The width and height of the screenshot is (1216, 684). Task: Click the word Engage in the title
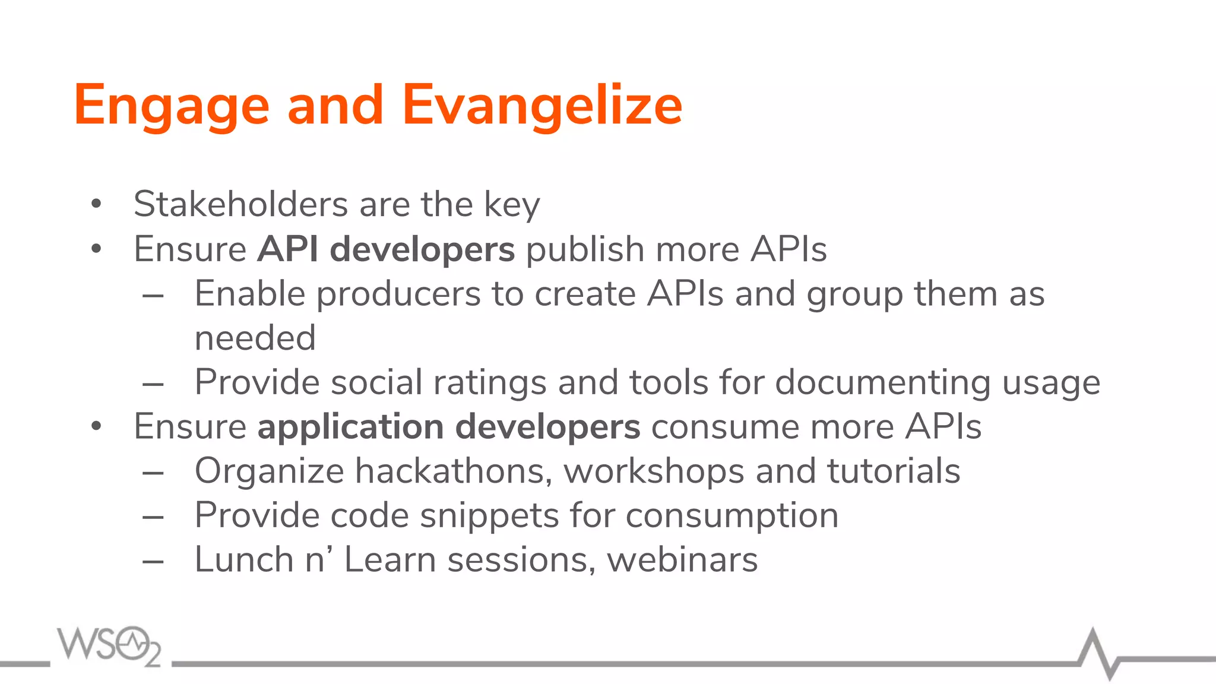(172, 106)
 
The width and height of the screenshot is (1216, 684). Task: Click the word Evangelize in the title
(542, 106)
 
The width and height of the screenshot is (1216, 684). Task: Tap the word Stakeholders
(240, 204)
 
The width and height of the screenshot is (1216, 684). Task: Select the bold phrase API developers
(386, 249)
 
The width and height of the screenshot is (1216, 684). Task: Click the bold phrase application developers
(449, 426)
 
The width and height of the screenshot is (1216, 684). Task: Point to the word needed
(255, 338)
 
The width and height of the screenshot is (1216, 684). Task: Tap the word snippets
(489, 515)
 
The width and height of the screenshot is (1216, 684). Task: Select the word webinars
(682, 559)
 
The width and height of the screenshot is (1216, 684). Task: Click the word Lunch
(244, 559)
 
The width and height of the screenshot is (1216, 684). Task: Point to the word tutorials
(894, 471)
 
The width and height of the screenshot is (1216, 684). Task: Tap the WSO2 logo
(109, 645)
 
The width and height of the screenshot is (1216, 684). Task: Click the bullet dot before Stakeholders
(96, 204)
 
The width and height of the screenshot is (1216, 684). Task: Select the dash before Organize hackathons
(153, 473)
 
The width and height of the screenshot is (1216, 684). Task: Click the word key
(512, 204)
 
